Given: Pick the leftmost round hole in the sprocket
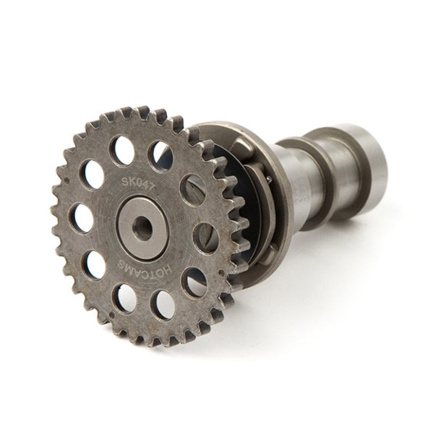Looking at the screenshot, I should click(x=81, y=218).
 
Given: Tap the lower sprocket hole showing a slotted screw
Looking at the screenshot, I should click(x=207, y=237).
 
